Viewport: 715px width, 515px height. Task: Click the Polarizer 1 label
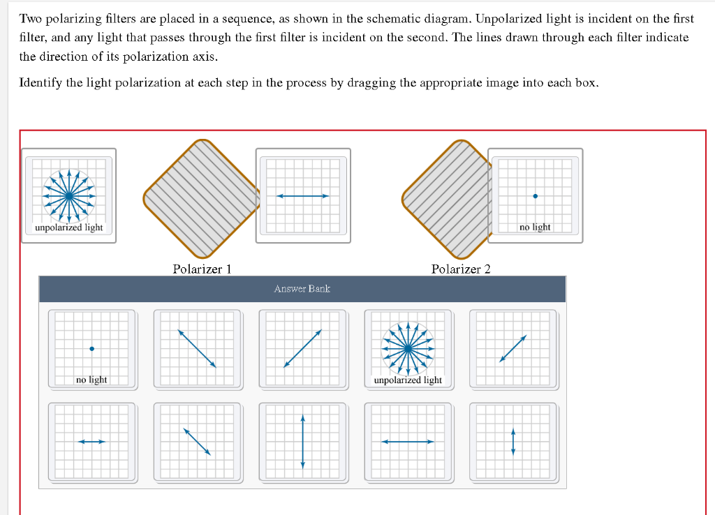pos(202,269)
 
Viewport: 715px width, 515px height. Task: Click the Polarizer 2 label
pos(460,269)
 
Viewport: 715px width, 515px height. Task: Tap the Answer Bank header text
pos(302,288)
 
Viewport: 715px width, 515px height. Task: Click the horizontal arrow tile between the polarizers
pos(303,195)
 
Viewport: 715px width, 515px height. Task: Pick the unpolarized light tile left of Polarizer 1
pos(69,195)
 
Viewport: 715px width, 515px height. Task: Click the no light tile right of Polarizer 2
pos(535,195)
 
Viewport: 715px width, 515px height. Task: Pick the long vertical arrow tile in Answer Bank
pos(303,441)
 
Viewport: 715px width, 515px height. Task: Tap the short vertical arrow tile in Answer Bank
pos(513,441)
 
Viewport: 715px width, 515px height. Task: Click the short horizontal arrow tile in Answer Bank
pos(91,441)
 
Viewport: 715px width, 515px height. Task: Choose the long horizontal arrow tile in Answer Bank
pos(408,441)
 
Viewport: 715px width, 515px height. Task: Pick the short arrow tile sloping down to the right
pos(198,441)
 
